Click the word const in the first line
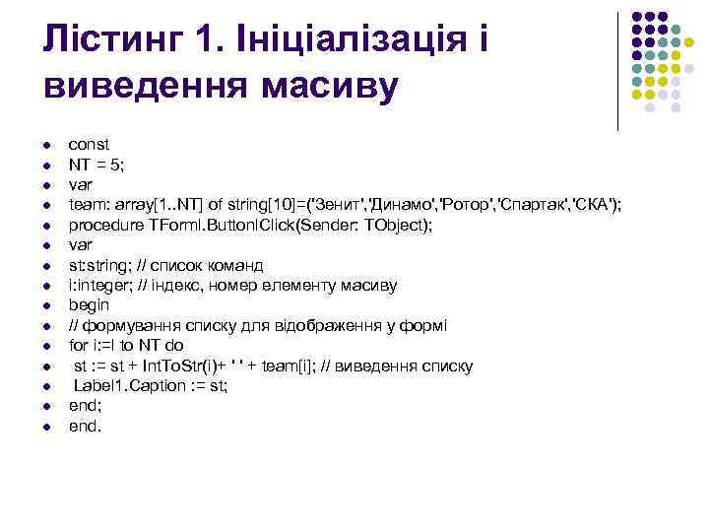coord(89,145)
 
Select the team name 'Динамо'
coord(400,205)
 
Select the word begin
coord(89,306)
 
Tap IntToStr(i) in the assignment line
coord(194,366)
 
